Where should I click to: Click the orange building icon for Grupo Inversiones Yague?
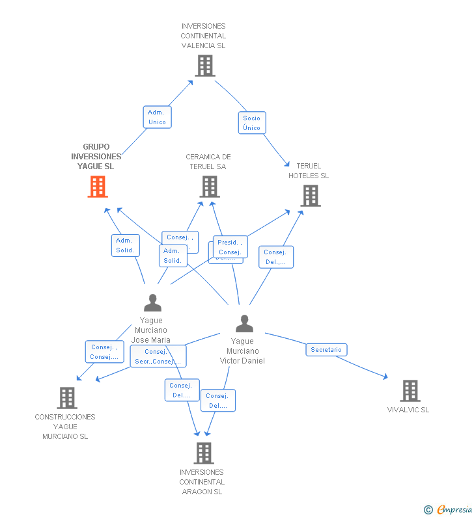98,187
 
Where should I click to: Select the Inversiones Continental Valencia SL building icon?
204,65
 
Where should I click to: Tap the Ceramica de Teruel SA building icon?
209,187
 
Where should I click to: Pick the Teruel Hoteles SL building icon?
311,195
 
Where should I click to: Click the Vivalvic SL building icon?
410,390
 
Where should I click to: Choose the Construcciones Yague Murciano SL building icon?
67,397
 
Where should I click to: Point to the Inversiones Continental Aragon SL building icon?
204,453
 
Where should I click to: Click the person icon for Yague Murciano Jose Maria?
152,303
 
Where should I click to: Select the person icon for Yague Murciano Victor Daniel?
244,323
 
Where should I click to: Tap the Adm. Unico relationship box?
157,117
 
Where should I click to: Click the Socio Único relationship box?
252,123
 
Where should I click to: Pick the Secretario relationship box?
326,350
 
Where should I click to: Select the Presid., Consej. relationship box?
230,247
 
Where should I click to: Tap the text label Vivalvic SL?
408,410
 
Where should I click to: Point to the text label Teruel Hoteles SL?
309,170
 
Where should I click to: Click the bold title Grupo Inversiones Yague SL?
96,156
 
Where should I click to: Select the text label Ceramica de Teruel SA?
208,161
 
